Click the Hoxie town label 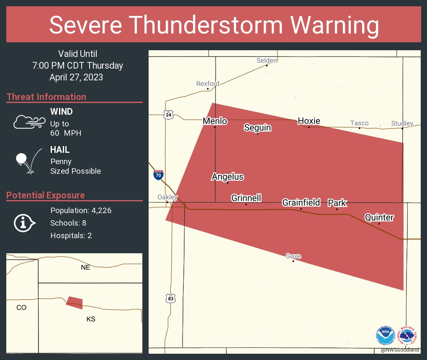point(309,121)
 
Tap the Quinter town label point(379,217)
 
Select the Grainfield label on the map point(301,203)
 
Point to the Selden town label point(267,60)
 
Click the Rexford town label point(208,84)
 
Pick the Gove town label point(293,256)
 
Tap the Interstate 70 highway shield point(158,175)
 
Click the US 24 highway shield point(168,114)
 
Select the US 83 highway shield point(170,298)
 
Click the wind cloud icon point(29,122)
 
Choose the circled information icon point(24,223)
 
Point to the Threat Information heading point(46,97)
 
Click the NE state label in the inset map point(85,267)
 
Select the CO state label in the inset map point(21,307)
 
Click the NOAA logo point(385,336)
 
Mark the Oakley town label point(167,197)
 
